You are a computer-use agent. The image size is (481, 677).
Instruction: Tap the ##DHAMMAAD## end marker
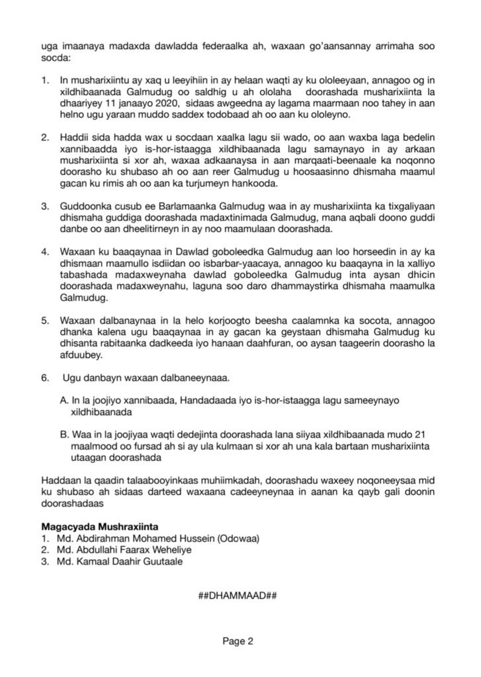click(237, 595)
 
